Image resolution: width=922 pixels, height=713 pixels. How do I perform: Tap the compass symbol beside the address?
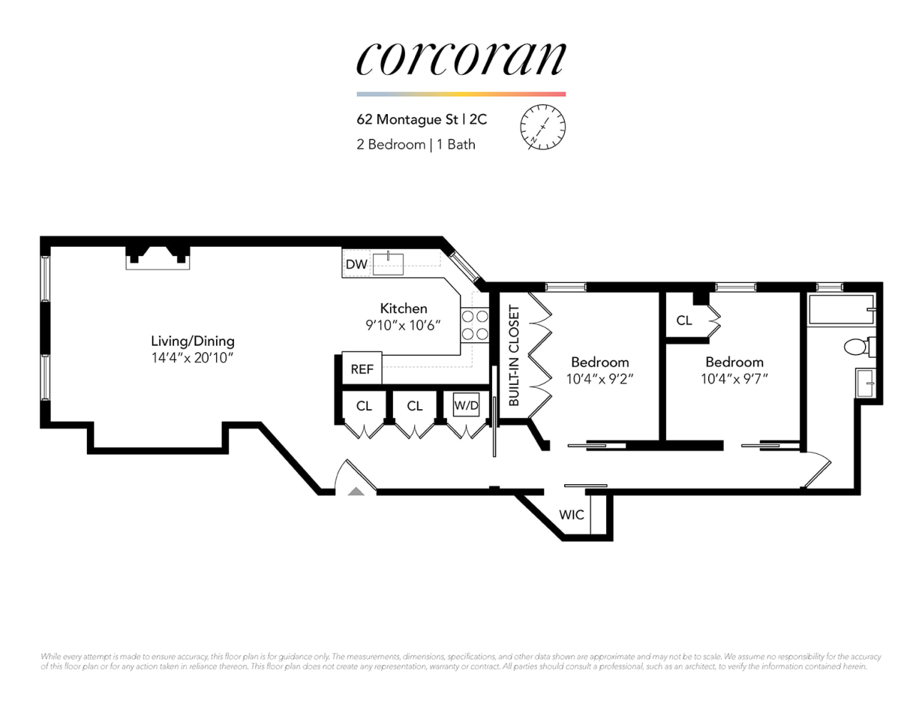(x=543, y=127)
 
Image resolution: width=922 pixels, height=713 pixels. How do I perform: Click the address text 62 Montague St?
(x=407, y=120)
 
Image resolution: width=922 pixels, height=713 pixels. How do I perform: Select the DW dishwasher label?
(x=357, y=265)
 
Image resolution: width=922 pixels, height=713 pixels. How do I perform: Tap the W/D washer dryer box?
(x=466, y=405)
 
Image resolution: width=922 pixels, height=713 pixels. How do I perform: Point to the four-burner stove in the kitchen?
(x=475, y=325)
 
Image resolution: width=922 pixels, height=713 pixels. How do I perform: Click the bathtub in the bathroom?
(x=841, y=310)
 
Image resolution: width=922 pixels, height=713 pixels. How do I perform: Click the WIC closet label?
(x=572, y=515)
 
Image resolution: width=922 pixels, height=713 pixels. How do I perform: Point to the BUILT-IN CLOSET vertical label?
(x=514, y=355)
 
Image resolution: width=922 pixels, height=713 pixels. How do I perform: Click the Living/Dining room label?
(x=193, y=341)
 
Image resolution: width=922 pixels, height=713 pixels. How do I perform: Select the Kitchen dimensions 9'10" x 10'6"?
(x=403, y=325)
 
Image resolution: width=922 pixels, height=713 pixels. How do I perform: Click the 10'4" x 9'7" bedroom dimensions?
(x=734, y=379)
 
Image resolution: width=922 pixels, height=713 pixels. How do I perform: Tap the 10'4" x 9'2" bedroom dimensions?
(x=600, y=379)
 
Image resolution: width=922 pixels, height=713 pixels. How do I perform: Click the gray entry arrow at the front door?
(x=356, y=491)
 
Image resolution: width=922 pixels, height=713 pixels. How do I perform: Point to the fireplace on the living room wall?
(x=158, y=257)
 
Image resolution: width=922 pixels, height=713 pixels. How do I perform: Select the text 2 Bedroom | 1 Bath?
(x=416, y=145)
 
